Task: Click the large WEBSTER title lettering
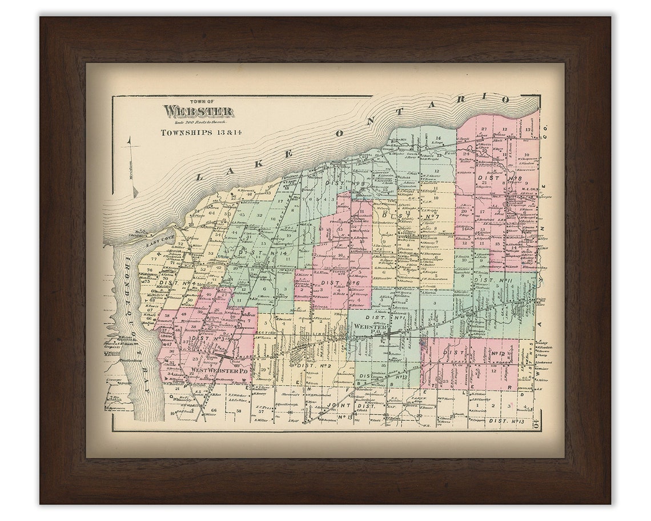(190, 111)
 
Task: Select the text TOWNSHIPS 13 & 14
(191, 132)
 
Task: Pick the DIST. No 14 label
(255, 253)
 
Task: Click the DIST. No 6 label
(339, 283)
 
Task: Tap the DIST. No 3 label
(208, 339)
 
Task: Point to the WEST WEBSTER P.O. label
(219, 371)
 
